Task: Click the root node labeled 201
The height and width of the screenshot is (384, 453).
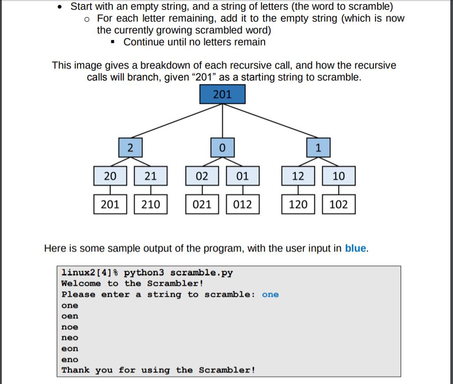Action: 222,94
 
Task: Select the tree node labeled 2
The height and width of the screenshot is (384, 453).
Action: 130,148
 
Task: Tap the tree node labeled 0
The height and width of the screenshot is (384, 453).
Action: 222,148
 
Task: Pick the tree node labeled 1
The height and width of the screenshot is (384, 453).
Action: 319,148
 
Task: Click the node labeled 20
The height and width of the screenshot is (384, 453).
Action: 110,176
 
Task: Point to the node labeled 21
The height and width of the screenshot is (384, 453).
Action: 151,176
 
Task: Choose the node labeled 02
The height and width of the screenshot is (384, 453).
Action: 202,176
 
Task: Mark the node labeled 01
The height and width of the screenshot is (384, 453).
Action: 242,176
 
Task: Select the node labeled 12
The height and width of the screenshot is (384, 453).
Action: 298,176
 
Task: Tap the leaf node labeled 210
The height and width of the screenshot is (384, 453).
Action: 151,204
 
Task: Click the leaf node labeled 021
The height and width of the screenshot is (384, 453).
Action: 202,204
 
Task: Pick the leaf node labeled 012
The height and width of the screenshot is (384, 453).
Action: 242,204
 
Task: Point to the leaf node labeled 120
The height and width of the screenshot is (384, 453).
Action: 298,204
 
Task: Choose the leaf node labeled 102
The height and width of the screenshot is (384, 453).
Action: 338,204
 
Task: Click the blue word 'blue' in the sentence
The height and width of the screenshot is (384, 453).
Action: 356,248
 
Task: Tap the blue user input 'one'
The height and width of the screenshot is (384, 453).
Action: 270,295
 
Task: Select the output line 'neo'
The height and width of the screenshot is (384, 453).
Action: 70,338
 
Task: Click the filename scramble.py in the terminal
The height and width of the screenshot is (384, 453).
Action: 201,273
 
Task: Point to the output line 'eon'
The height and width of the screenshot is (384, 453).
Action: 70,349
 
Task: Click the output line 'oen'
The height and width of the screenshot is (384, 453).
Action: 70,316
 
